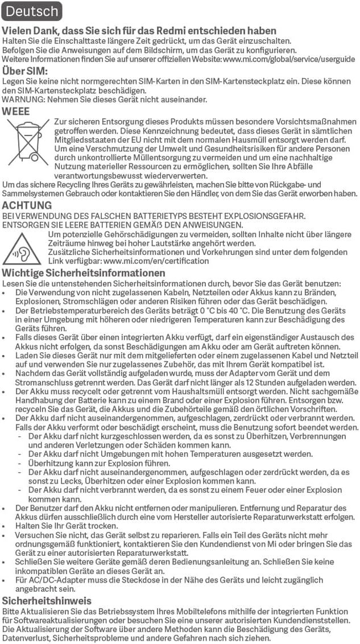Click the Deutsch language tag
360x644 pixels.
pyautogui.click(x=31, y=11)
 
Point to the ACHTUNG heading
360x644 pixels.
pyautogui.click(x=27, y=205)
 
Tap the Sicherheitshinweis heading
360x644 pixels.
pyautogui.click(x=47, y=601)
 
